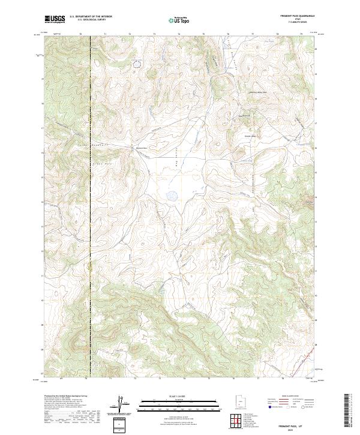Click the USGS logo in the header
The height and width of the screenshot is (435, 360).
click(55, 19)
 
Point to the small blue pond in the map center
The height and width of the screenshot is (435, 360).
click(172, 195)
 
